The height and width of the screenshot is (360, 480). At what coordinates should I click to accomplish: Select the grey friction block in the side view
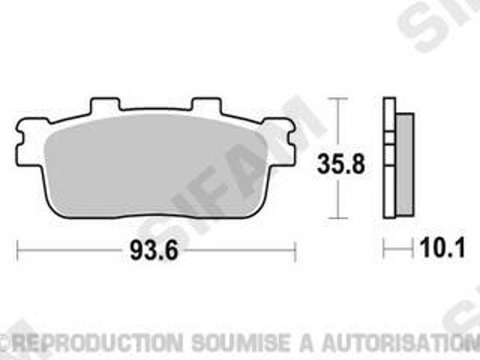point(406,164)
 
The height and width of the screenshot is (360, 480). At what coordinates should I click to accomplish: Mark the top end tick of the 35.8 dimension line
point(341,99)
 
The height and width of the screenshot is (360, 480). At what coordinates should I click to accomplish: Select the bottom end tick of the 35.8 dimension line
point(341,218)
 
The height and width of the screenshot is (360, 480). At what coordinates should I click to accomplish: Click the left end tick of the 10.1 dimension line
point(384,250)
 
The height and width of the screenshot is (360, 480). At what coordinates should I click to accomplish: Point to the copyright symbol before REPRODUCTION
point(14,342)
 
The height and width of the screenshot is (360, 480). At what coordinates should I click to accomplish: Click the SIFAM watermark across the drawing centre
point(232,172)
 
